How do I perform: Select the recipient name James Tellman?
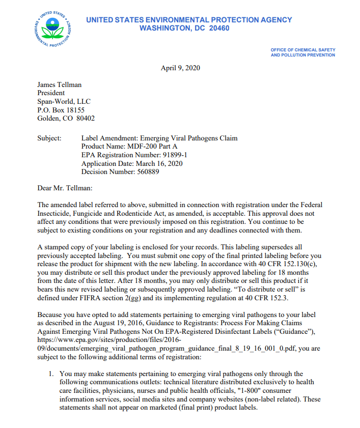[x=60, y=85]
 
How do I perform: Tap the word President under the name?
[x=51, y=93]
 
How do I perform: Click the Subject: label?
[x=49, y=138]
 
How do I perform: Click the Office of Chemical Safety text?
[x=303, y=50]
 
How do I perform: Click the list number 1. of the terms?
[x=51, y=374]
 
